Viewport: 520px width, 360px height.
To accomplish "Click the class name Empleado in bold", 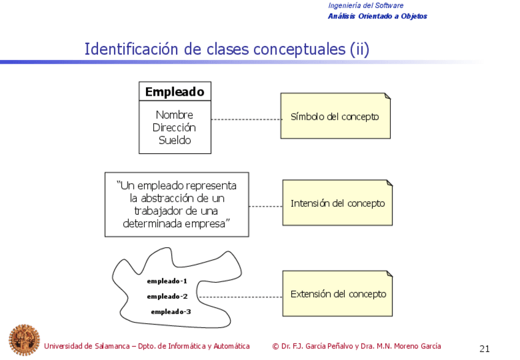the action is [174, 92].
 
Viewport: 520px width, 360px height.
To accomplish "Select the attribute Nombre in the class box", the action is [174, 115].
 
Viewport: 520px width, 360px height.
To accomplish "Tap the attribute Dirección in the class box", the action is [174, 128].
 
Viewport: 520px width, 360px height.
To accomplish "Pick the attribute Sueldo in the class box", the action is [175, 140].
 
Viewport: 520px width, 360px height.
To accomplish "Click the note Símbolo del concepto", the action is [335, 117].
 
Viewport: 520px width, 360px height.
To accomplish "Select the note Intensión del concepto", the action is [337, 203].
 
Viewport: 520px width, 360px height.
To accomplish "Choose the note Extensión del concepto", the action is [338, 294].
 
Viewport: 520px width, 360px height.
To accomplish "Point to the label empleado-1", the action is [167, 281].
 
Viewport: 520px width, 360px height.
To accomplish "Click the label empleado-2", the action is [167, 296].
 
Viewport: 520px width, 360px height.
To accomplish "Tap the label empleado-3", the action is [171, 312].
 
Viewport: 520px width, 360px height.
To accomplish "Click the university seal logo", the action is [24, 340].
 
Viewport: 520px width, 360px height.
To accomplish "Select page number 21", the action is [484, 349].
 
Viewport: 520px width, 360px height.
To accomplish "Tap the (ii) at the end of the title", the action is [359, 49].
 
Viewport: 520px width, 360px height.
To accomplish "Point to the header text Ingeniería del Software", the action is [365, 6].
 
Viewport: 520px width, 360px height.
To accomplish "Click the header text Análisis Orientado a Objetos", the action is [377, 16].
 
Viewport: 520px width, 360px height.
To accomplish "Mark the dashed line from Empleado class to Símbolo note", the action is [245, 119].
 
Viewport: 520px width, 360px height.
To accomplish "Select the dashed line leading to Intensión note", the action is [266, 206].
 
